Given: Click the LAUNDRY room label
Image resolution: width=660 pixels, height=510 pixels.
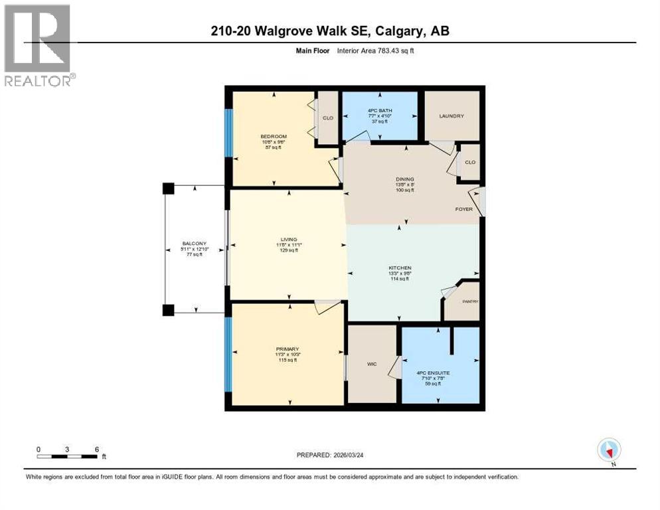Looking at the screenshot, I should click(451, 116).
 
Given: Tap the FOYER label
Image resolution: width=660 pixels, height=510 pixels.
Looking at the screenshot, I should click(464, 209).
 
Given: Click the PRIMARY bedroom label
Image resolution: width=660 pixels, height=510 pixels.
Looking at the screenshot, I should click(288, 349).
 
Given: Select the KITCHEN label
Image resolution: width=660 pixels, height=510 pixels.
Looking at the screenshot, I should click(400, 268).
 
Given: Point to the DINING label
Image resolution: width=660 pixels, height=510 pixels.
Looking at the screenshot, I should click(405, 179).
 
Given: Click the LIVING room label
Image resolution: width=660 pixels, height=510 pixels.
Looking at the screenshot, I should click(288, 239).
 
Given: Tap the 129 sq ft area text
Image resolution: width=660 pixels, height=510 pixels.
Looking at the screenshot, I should click(288, 250).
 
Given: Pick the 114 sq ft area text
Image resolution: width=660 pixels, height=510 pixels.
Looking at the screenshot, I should click(400, 279).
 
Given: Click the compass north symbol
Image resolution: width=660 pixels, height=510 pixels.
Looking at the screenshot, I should click(609, 450).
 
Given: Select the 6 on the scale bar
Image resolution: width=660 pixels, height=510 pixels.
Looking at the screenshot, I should click(97, 449).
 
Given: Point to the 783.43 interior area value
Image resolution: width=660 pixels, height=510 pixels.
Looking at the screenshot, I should click(386, 51).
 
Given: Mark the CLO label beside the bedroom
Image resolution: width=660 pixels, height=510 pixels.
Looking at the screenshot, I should click(327, 118).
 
